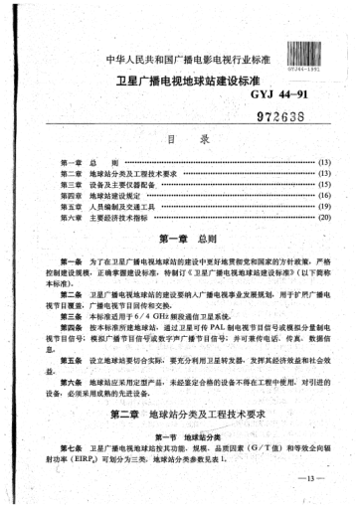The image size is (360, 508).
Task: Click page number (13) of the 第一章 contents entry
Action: point(322,160)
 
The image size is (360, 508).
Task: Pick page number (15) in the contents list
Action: point(322,184)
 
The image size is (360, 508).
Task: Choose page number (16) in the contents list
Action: point(322,196)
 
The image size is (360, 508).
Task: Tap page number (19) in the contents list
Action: point(322,208)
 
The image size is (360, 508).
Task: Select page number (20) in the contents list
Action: point(322,220)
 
